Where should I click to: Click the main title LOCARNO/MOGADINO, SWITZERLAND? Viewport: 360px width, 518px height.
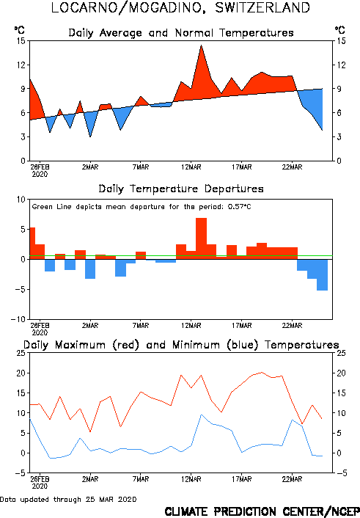click(180, 8)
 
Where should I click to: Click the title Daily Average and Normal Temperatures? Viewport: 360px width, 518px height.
click(181, 33)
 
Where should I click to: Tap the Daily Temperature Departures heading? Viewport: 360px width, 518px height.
click(181, 189)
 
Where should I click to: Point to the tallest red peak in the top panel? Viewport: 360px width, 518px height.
click(201, 45)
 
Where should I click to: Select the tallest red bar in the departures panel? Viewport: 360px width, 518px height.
click(201, 238)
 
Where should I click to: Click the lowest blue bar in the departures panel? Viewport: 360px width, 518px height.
click(322, 275)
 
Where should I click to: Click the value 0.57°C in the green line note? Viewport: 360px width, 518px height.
click(240, 207)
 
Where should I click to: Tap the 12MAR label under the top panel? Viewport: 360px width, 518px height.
click(191, 167)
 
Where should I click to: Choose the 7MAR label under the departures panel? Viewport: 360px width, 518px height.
click(141, 326)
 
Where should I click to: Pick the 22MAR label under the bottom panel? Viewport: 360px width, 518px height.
click(292, 479)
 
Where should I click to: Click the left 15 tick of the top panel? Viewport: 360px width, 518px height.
click(21, 41)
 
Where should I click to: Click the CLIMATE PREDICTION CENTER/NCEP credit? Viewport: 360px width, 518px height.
click(262, 511)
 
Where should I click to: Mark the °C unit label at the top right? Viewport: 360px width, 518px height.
click(340, 30)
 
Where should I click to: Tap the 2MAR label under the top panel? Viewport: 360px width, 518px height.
click(90, 167)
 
